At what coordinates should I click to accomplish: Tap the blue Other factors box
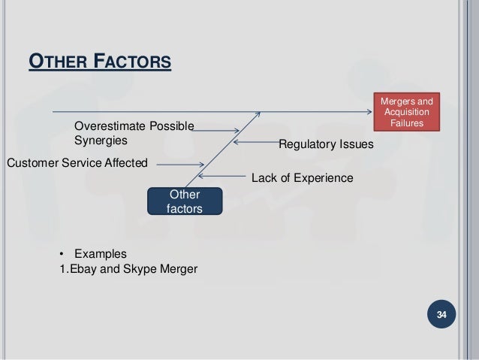pyautogui.click(x=185, y=201)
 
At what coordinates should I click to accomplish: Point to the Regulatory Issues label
pyautogui.click(x=326, y=144)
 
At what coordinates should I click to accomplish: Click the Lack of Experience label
pyautogui.click(x=302, y=178)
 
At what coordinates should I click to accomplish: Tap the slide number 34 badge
pyautogui.click(x=441, y=313)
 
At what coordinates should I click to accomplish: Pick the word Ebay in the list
pyautogui.click(x=83, y=268)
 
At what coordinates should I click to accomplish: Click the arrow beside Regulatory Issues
pyautogui.click(x=254, y=141)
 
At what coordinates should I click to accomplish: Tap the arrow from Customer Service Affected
pyautogui.click(x=180, y=165)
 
